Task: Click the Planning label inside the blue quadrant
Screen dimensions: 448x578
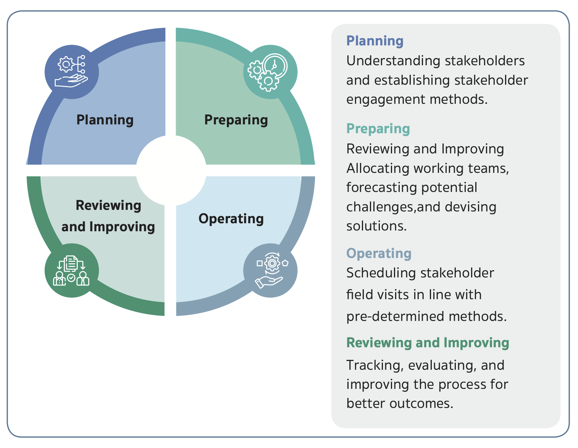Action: pyautogui.click(x=105, y=120)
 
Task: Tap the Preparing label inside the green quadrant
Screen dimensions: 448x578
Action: pyautogui.click(x=236, y=120)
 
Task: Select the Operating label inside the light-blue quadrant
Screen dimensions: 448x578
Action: pyautogui.click(x=231, y=219)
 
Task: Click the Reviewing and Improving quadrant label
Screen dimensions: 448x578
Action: pyautogui.click(x=108, y=216)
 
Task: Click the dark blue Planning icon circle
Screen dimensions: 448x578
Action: pyautogui.click(x=72, y=72)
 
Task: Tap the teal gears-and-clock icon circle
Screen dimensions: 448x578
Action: pyautogui.click(x=270, y=72)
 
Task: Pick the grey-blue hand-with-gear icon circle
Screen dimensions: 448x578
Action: pyautogui.click(x=270, y=270)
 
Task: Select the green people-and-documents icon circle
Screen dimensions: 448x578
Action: pyautogui.click(x=72, y=270)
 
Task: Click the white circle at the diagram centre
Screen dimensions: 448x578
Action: pyautogui.click(x=171, y=171)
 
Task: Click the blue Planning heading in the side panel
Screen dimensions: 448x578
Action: pyautogui.click(x=375, y=41)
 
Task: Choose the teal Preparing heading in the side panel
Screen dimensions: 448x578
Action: pyautogui.click(x=378, y=129)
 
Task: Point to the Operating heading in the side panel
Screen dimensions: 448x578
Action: pyautogui.click(x=379, y=253)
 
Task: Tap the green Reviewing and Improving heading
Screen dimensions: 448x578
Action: pyautogui.click(x=428, y=343)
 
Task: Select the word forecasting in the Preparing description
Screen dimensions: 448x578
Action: pyautogui.click(x=375, y=187)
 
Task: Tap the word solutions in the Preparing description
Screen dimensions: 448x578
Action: pyautogui.click(x=376, y=226)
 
